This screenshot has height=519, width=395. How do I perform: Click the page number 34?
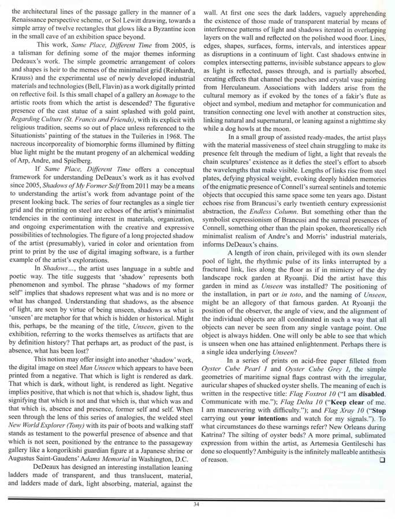click(197, 505)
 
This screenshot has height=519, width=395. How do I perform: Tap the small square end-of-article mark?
click(382, 460)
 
